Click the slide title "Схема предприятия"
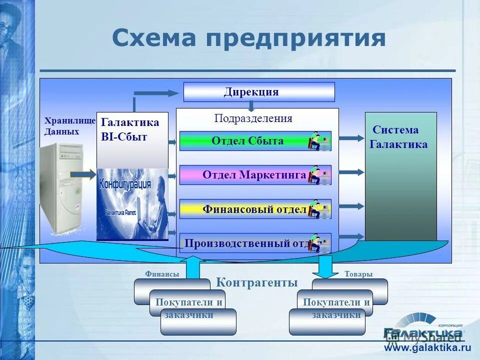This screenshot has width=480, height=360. click(x=248, y=38)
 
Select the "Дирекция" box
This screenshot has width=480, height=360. click(x=258, y=92)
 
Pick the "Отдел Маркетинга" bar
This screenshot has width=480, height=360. click(x=254, y=175)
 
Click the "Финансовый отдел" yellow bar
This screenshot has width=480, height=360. click(x=254, y=209)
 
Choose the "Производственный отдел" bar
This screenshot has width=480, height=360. click(x=245, y=243)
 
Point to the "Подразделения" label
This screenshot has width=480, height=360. click(x=253, y=118)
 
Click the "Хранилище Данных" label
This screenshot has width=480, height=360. click(x=69, y=126)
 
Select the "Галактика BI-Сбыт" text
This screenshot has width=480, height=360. click(x=130, y=129)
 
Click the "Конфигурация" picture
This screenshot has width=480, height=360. click(x=132, y=204)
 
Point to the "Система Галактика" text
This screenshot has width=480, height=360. click(x=398, y=137)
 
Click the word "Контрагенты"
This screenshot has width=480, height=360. click(x=256, y=282)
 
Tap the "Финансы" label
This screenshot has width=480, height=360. click(x=162, y=274)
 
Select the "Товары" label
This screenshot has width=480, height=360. click(x=358, y=274)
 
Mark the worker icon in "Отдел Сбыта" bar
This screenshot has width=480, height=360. click(x=319, y=141)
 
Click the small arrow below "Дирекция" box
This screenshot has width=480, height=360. click(x=251, y=106)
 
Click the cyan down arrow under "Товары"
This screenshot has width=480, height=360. click(x=325, y=267)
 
